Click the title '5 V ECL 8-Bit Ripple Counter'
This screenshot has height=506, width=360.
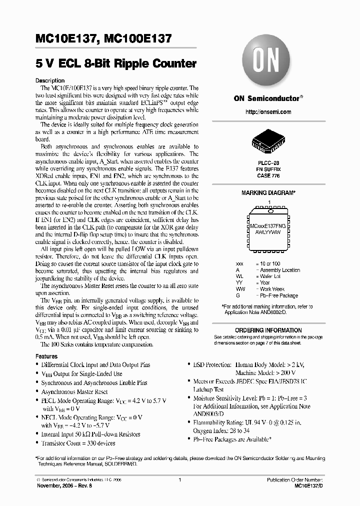point(115,64)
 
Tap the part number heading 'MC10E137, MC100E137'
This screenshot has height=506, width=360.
point(104,38)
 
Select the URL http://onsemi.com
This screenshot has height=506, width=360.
point(268,112)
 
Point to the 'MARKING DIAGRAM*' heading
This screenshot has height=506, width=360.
point(268,193)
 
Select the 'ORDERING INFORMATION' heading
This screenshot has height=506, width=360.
point(268,330)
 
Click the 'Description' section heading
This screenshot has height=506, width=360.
point(50,80)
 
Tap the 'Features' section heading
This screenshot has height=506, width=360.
point(46,356)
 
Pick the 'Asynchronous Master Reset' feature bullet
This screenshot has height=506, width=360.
point(74,392)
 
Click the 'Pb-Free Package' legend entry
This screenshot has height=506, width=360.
point(278,295)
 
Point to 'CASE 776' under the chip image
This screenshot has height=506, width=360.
point(268,176)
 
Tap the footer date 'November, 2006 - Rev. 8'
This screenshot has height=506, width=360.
point(59,485)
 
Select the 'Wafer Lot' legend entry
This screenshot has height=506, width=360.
point(272,276)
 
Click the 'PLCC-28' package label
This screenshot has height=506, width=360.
point(268,163)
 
